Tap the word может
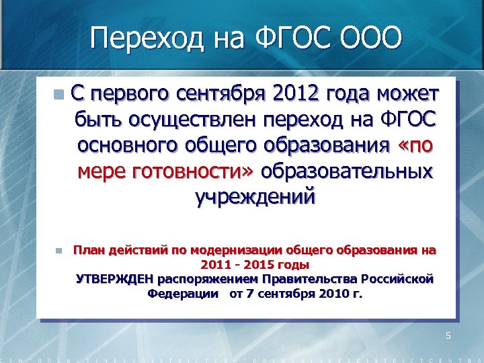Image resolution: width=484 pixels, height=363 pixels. (408, 92)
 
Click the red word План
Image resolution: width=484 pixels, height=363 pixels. (89, 251)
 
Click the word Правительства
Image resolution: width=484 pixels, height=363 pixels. (319, 279)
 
